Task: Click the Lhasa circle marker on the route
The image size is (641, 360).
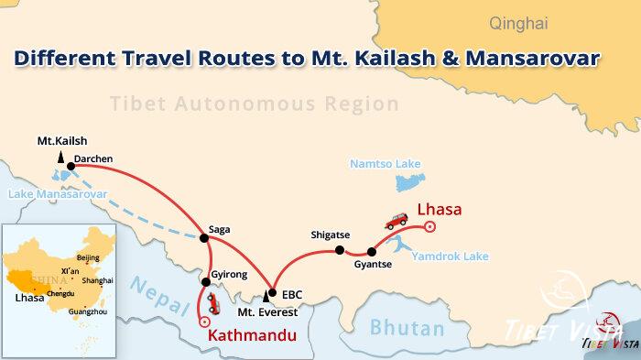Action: click(x=430, y=227)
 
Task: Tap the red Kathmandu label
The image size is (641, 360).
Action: click(x=254, y=335)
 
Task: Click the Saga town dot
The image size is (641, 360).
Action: click(x=204, y=239)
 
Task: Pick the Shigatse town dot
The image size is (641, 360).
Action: click(x=340, y=250)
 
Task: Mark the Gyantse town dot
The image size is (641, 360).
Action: click(x=371, y=251)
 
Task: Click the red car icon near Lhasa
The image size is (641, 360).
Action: click(x=396, y=221)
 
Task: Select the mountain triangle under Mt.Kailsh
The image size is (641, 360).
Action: click(x=46, y=158)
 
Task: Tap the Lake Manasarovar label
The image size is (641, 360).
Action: click(x=58, y=194)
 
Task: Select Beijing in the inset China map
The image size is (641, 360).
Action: click(x=88, y=257)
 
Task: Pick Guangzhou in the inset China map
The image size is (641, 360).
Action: click(x=81, y=311)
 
